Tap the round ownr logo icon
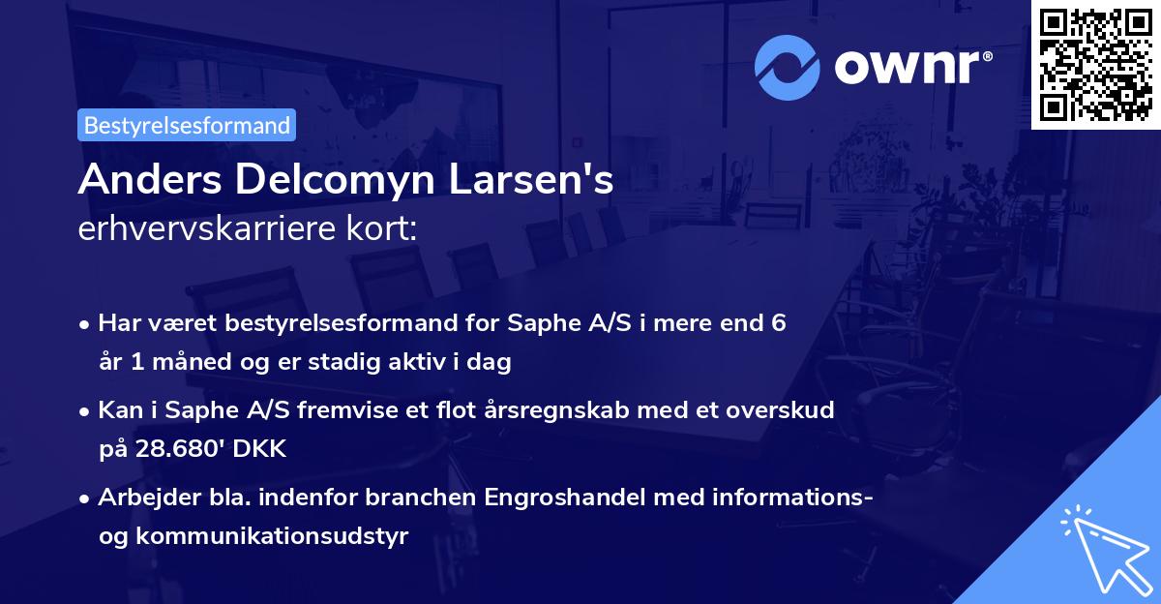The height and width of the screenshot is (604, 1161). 789,67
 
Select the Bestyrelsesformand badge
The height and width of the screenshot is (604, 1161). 187,125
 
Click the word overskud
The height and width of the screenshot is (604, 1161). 782,410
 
